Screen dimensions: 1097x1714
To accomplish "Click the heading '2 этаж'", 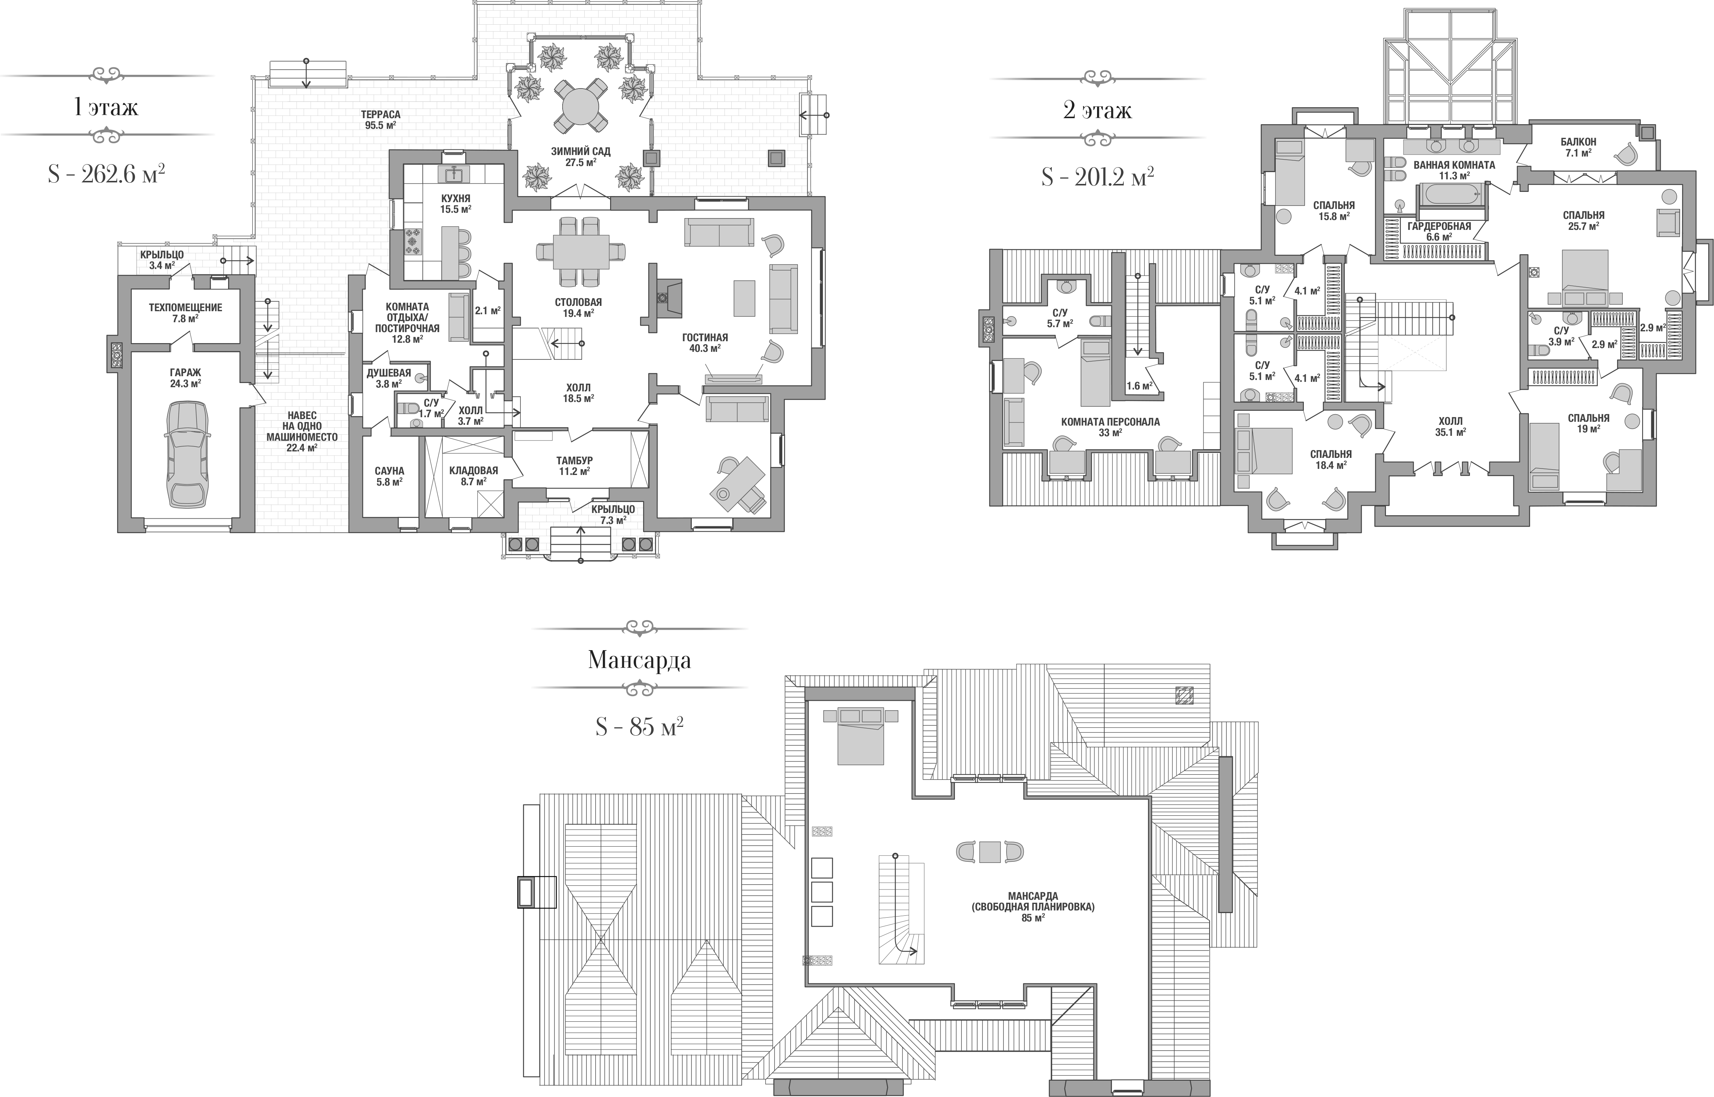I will click(x=1097, y=111).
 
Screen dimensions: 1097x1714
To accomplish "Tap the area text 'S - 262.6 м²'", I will click(x=106, y=173).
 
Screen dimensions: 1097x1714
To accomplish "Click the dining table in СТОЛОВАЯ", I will click(x=581, y=252).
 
